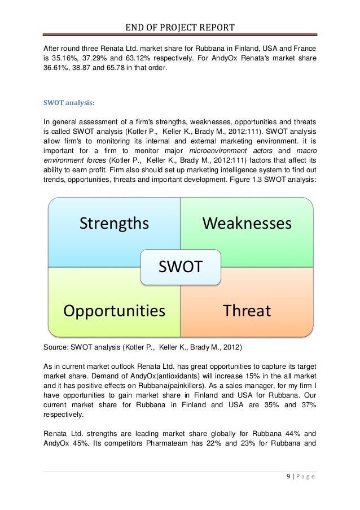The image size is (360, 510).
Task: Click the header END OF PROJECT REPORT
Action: coord(180,28)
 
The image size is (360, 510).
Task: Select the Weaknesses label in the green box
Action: coord(247,224)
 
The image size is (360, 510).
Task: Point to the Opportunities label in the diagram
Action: coord(114,311)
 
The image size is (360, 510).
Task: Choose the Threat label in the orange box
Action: coord(247,311)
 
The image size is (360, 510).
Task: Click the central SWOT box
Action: coord(180,267)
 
